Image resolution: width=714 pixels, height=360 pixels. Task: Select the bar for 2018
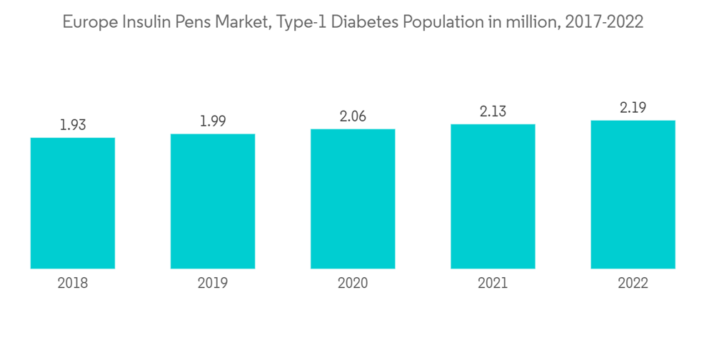tap(73, 203)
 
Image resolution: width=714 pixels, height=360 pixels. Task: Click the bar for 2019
tap(213, 201)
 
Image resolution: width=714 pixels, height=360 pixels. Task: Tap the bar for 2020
tap(353, 199)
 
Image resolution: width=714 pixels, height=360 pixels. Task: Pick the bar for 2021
tap(493, 196)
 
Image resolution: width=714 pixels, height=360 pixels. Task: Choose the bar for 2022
tap(633, 194)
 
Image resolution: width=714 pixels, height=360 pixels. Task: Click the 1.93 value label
tap(73, 125)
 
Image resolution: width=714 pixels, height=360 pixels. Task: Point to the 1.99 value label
tap(213, 121)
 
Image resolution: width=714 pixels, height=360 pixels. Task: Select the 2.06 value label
tap(353, 116)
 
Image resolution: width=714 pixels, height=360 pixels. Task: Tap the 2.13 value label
tap(493, 111)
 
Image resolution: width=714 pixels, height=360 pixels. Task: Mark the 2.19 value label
tap(633, 108)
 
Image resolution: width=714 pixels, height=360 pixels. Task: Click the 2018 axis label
tap(73, 284)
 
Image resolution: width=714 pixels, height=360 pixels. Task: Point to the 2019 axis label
tap(213, 284)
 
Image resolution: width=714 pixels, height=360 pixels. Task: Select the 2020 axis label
tap(353, 284)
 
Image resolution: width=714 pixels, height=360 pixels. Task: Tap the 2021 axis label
tap(493, 284)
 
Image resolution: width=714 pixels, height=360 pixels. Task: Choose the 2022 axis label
tap(633, 284)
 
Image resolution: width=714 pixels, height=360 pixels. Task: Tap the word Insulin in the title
tap(144, 22)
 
